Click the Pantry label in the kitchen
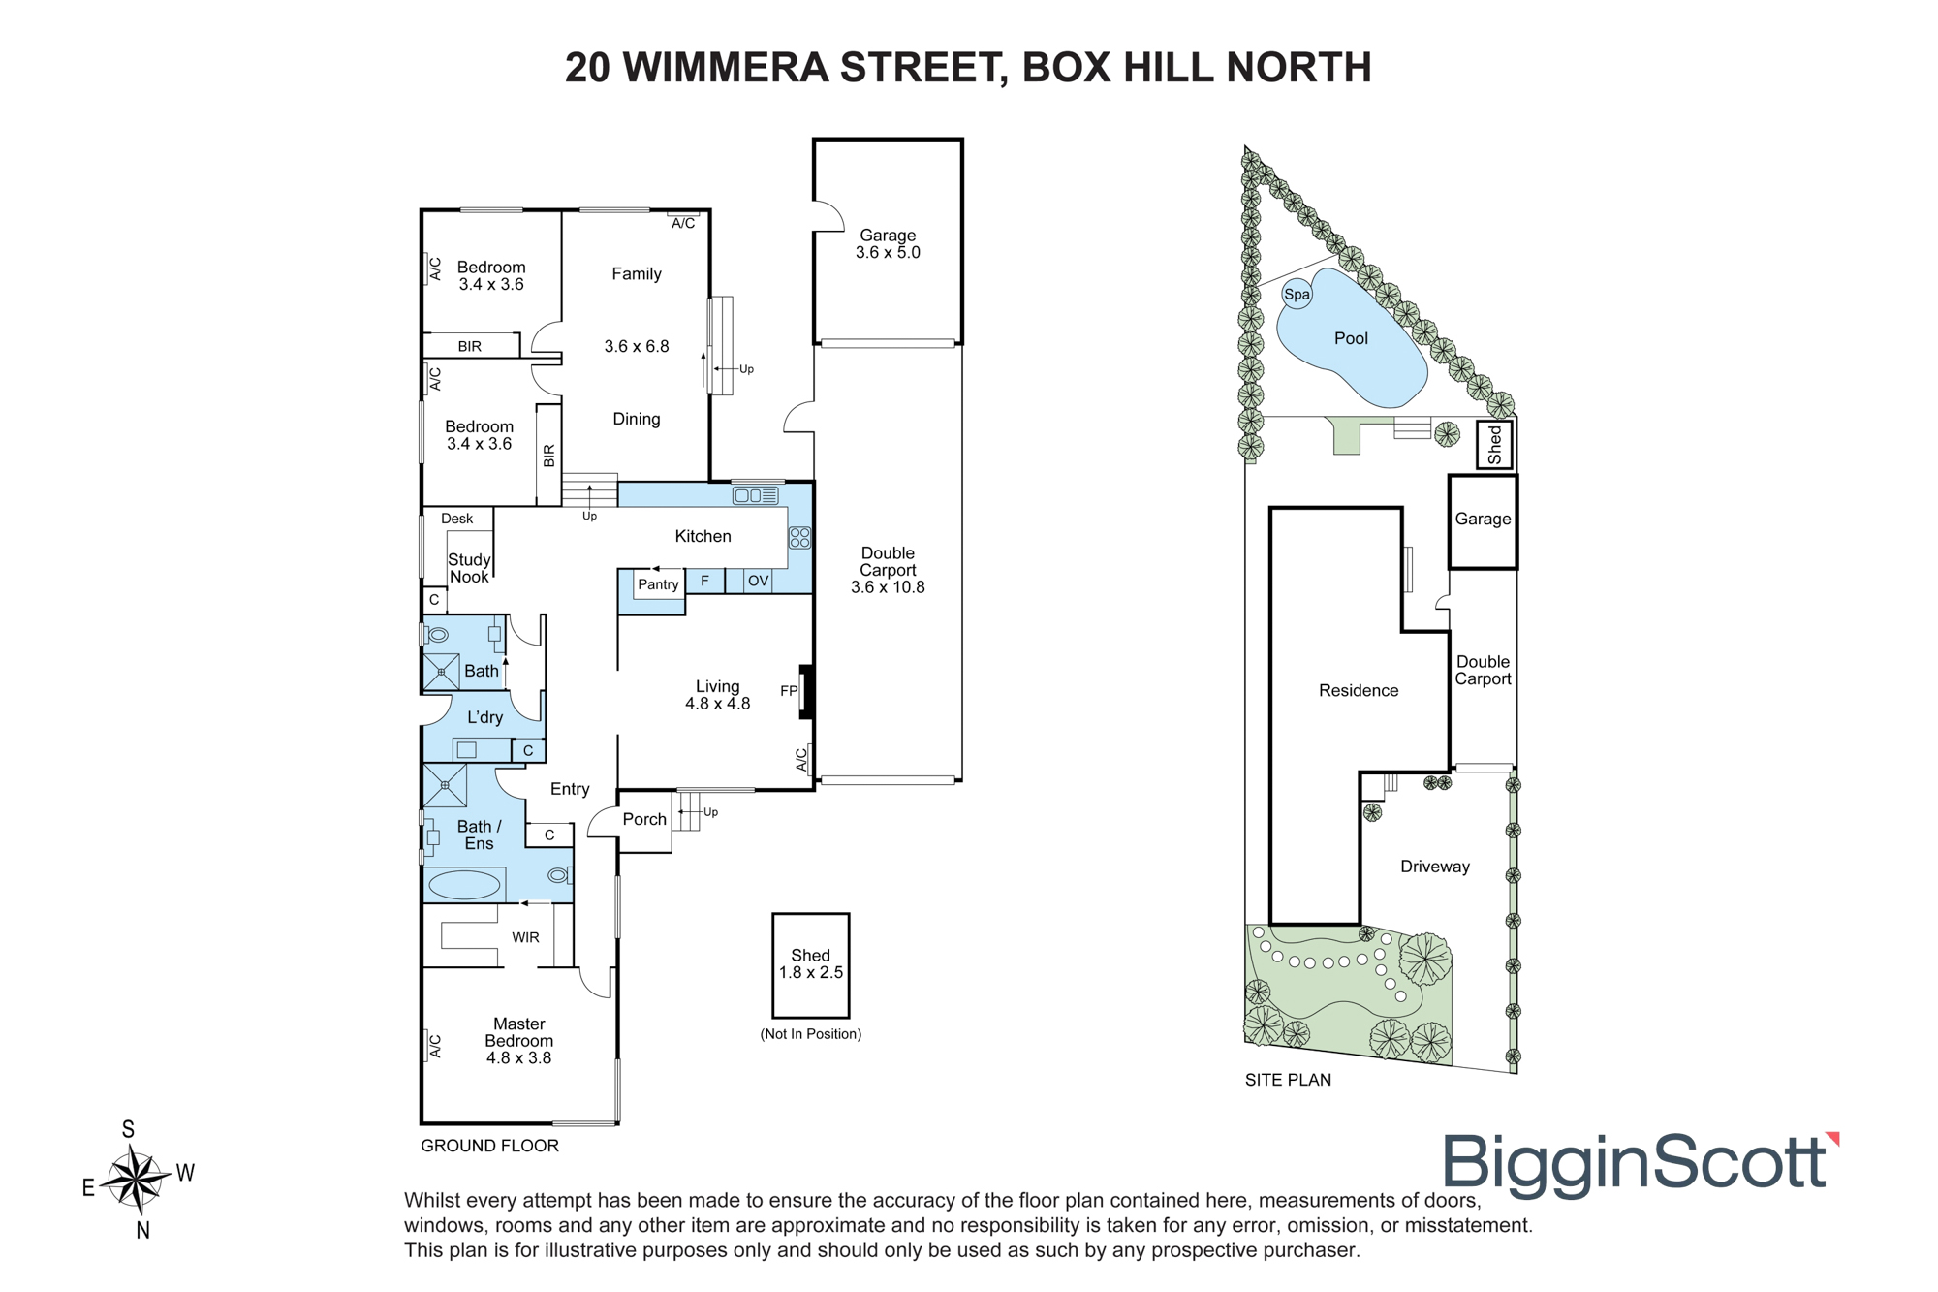(x=658, y=584)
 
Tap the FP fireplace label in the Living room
(x=789, y=691)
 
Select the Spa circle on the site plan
(x=1297, y=294)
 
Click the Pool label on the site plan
(x=1351, y=338)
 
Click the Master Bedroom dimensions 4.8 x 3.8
(x=518, y=1057)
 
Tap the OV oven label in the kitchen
(x=758, y=581)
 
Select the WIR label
(x=525, y=937)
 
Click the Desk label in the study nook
(x=457, y=519)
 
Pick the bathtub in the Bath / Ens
(x=465, y=884)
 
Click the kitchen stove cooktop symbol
(x=799, y=538)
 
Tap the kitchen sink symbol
(x=756, y=495)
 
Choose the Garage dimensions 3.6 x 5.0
(x=888, y=252)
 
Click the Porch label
(x=644, y=819)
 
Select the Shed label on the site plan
(x=1494, y=444)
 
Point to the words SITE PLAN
(x=1288, y=1080)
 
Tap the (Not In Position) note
(x=811, y=1034)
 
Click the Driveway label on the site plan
(x=1435, y=867)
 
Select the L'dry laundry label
(x=484, y=717)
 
